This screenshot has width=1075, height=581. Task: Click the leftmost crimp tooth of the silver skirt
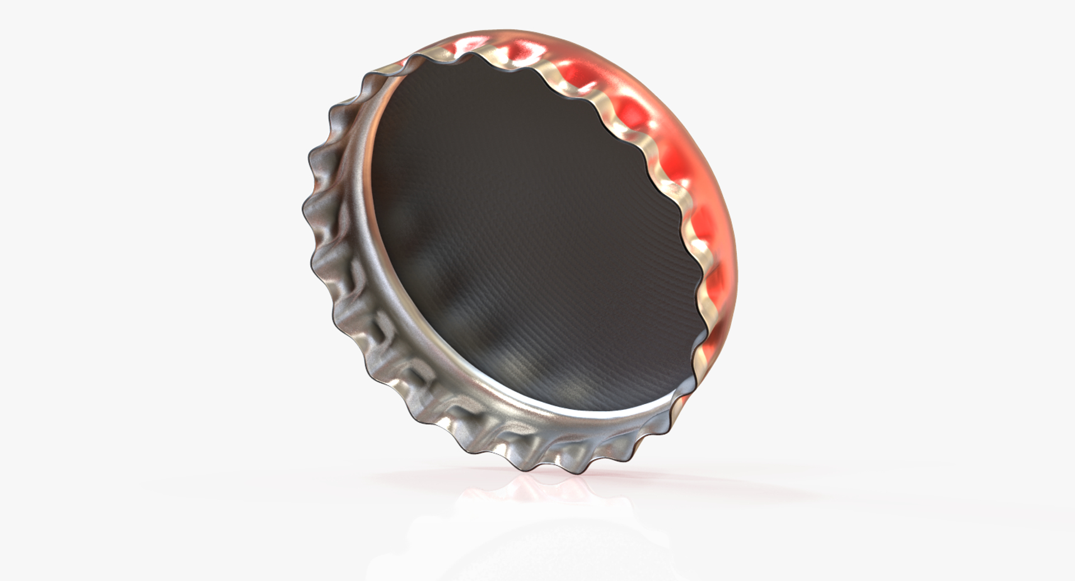[x=305, y=213]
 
